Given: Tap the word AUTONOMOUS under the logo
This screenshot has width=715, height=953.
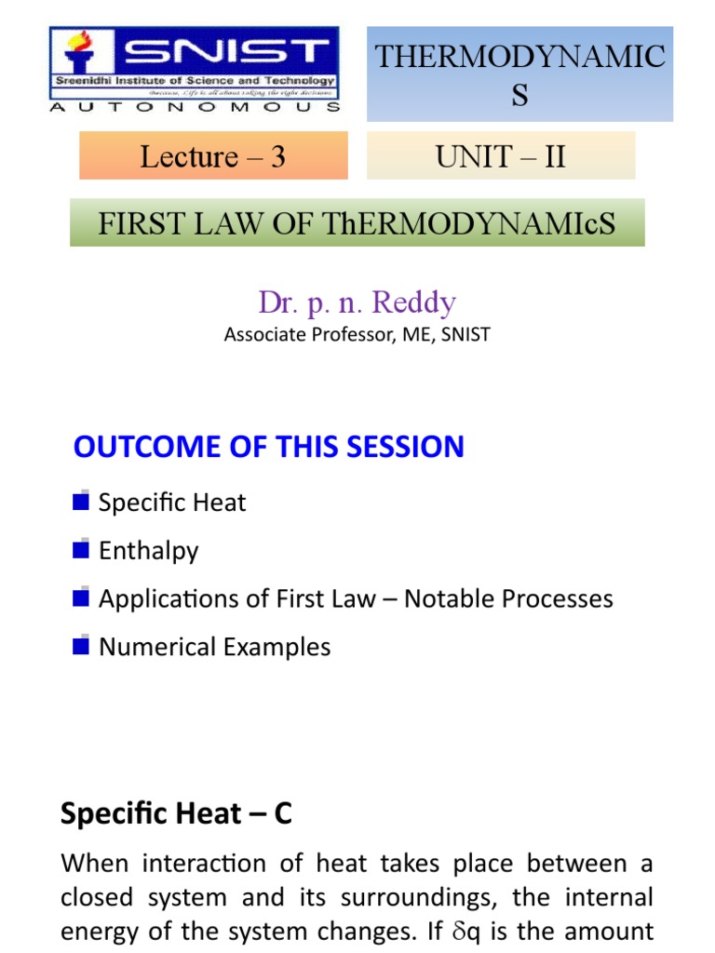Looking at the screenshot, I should point(194,107).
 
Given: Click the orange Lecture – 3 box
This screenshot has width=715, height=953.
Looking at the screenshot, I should point(213,156).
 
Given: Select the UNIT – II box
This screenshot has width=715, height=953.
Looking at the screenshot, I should point(501,156).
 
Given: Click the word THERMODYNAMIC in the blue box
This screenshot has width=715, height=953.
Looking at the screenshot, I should point(519,57).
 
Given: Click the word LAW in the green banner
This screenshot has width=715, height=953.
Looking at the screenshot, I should point(205,224).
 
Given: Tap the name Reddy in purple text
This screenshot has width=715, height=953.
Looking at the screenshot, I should point(412,302).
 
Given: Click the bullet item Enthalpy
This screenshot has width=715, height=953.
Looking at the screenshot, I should point(148,551).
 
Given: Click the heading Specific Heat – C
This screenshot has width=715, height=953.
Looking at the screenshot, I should point(176,814).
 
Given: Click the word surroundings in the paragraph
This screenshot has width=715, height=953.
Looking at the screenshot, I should point(439,897).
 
